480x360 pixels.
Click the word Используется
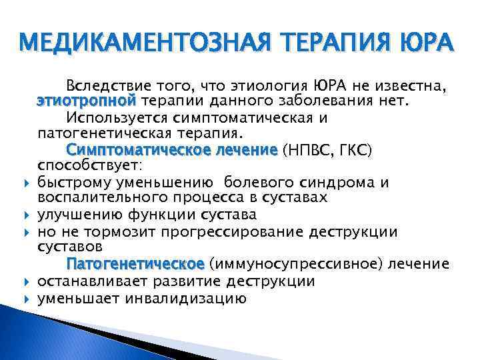pos(121,117)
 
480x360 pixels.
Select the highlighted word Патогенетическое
pos(137,264)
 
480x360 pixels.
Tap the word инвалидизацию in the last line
pos(190,298)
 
